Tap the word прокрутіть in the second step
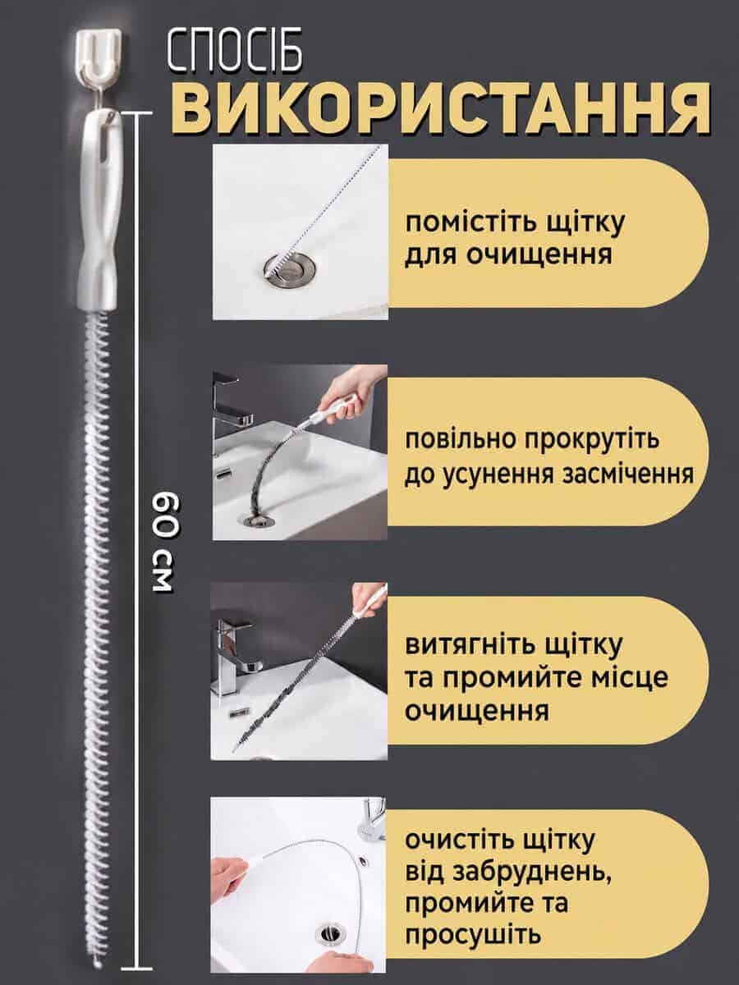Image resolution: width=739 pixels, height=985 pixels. click(592, 439)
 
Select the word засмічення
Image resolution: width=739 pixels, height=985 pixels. click(628, 474)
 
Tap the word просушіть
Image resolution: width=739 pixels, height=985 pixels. click(473, 937)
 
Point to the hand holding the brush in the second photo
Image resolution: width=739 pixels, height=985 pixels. click(354, 392)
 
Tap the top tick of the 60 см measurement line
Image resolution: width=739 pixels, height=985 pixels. click(139, 114)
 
